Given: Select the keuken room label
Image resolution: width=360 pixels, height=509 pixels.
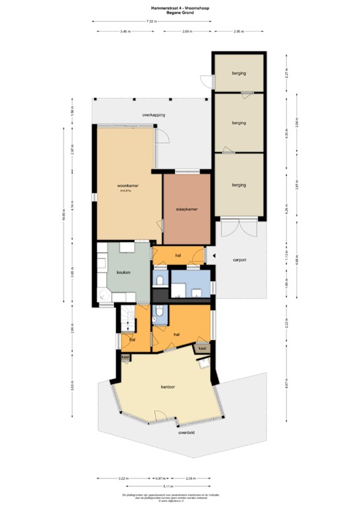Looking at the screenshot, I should [123, 272].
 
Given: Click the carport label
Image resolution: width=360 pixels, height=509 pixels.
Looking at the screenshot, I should [239, 260].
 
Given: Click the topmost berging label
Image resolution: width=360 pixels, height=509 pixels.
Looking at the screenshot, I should [239, 72].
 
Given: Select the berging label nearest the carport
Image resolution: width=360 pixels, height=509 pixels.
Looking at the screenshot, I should [239, 185].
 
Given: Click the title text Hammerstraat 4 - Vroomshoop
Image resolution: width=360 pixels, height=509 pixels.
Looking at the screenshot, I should [180, 8].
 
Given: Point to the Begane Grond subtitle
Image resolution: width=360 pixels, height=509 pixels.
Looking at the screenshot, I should [180, 13].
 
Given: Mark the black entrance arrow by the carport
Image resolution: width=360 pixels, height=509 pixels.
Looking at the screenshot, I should [215, 256].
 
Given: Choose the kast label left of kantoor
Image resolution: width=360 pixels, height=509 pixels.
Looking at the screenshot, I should [125, 357].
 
